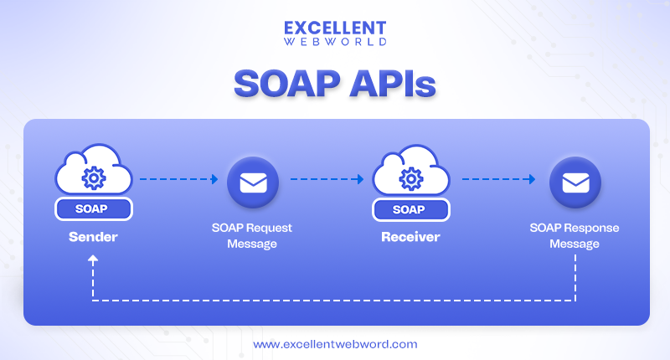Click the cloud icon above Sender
pos(93,171)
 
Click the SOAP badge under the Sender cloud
pos(93,208)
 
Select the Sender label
pos(93,237)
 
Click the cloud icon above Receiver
pos(410,171)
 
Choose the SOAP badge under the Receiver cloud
pos(410,208)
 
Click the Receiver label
pos(410,237)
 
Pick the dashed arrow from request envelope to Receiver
pos(327,178)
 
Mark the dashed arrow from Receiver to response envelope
pos(498,178)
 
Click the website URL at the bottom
pos(334,344)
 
